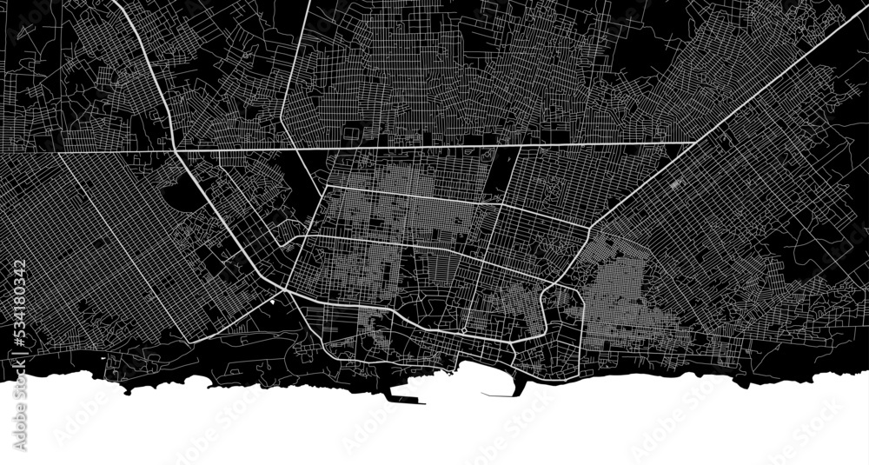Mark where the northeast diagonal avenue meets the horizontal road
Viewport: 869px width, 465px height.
[x=693, y=142]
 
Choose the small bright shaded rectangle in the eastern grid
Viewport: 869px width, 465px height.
[x=677, y=185]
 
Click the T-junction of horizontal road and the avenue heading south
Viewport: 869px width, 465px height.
[x=519, y=145]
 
